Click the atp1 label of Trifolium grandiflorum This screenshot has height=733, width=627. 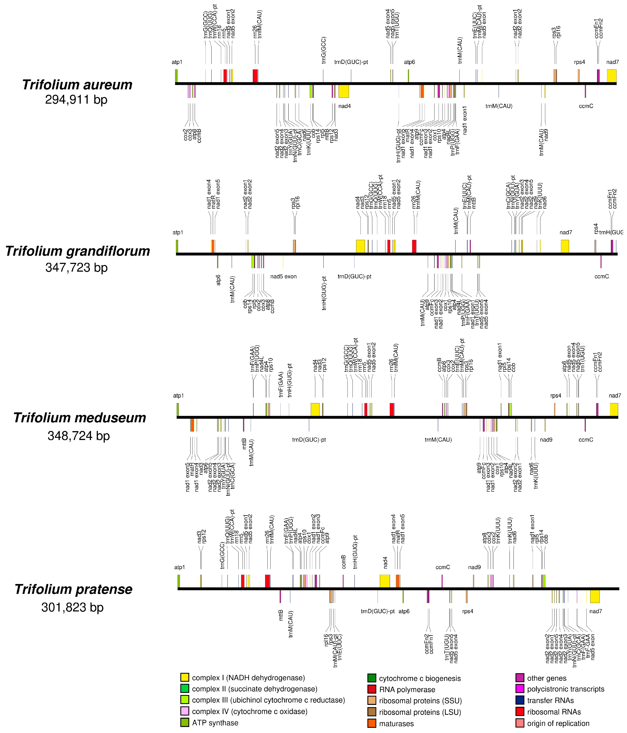point(178,233)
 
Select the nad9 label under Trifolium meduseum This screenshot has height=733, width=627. point(546,440)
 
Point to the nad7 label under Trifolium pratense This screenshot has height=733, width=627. point(595,611)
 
